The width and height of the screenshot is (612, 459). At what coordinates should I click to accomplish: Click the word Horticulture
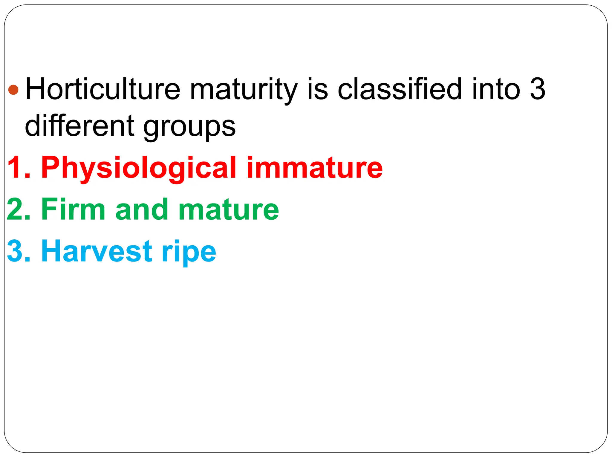coord(103,89)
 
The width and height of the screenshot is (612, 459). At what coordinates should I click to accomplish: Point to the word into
coord(496,89)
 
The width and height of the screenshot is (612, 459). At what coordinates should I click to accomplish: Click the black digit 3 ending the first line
coord(538,89)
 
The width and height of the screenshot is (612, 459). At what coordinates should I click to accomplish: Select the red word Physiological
coord(139,168)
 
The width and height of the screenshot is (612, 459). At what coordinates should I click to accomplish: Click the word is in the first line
coord(318,89)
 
